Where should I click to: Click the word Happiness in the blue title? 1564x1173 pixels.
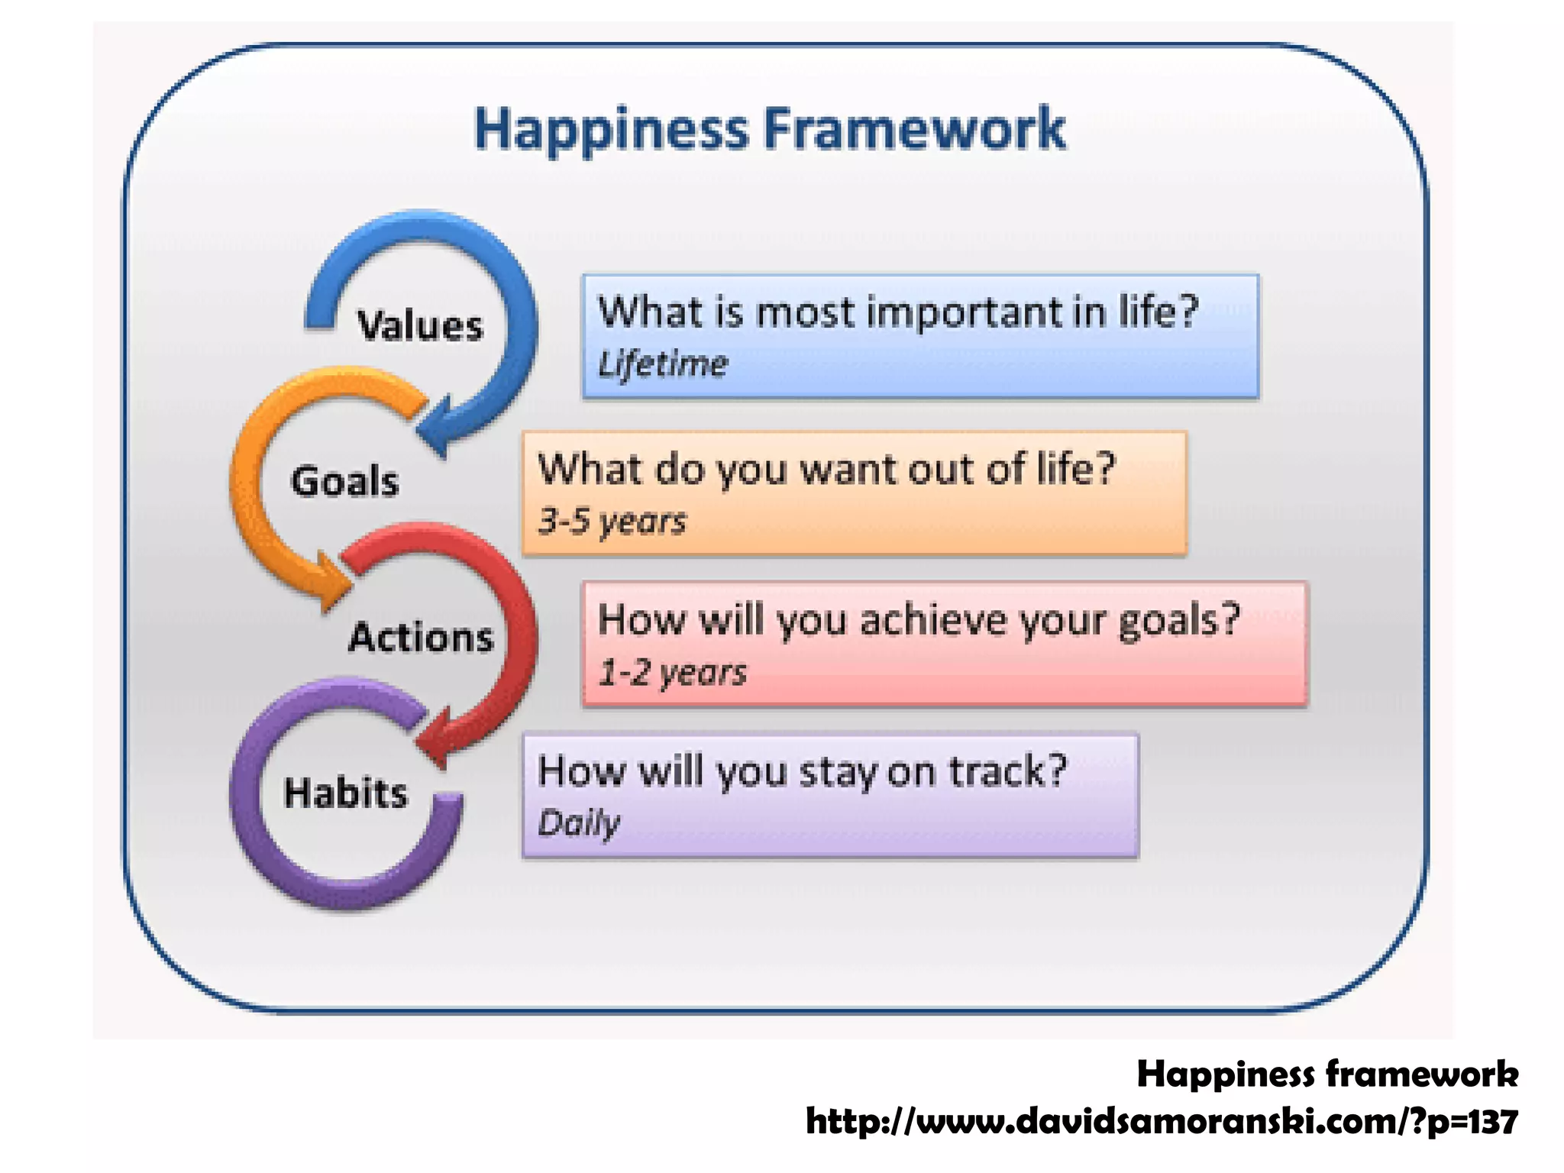(x=611, y=130)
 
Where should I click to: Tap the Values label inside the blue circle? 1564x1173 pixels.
(x=420, y=326)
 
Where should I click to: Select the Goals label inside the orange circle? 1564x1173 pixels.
(x=345, y=483)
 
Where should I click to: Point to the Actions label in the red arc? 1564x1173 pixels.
(x=421, y=638)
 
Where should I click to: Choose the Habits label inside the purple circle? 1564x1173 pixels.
(x=345, y=793)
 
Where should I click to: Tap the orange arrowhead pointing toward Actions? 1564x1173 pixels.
(x=333, y=584)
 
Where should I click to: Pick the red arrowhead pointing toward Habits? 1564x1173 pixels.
(x=435, y=737)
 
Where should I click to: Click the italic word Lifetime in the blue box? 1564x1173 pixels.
(x=662, y=364)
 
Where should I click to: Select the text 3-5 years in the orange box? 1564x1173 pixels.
(x=612, y=522)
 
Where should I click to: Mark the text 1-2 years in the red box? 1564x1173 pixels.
(x=672, y=673)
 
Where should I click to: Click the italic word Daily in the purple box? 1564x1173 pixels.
(x=579, y=824)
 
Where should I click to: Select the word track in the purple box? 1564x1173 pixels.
(x=997, y=771)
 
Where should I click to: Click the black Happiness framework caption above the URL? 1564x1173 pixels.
(x=1327, y=1074)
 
